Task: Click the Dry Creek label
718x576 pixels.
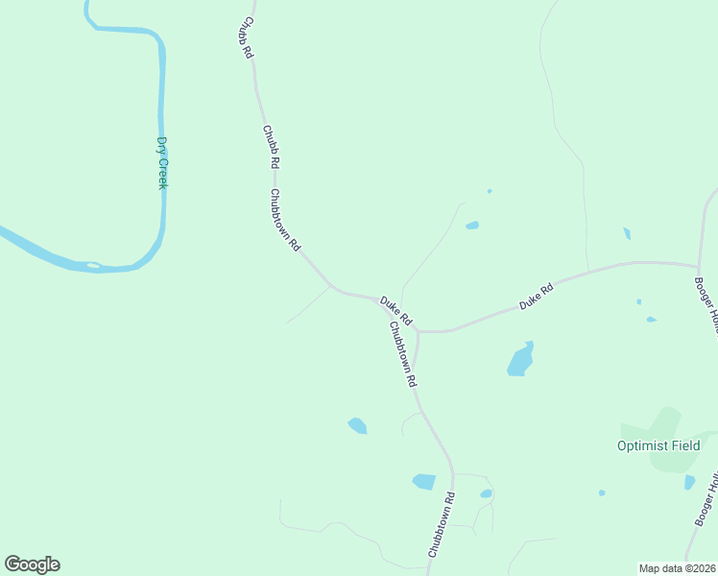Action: [162, 163]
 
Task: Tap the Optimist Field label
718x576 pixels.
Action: [658, 445]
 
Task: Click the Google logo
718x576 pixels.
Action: [32, 564]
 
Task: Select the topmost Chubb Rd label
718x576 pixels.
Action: [248, 38]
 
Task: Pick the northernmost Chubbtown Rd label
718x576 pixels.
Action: [285, 220]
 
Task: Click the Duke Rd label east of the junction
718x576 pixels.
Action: [538, 296]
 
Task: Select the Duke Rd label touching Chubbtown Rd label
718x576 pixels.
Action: [395, 310]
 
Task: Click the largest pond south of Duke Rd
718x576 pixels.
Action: [519, 361]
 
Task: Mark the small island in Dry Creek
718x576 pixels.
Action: [93, 265]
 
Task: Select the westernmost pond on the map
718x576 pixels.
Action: [357, 425]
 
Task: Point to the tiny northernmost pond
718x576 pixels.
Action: [490, 191]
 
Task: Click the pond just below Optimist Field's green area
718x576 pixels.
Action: [689, 482]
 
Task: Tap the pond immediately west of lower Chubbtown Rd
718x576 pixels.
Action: [423, 481]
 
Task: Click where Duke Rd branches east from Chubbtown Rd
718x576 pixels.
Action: [419, 331]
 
